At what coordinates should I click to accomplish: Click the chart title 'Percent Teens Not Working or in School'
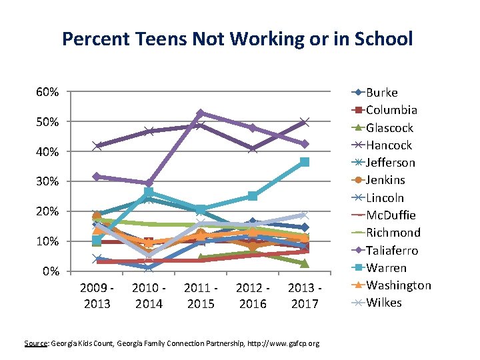tap(237, 39)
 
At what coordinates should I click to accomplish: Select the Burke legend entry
tap(382, 93)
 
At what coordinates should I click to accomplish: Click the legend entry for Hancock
tap(389, 145)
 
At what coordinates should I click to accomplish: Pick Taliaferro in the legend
tap(392, 250)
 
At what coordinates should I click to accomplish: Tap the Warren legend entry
tap(386, 268)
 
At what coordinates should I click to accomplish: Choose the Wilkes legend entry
tap(384, 303)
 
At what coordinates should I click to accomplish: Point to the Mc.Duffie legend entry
tap(391, 215)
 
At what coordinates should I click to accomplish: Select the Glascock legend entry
tap(389, 128)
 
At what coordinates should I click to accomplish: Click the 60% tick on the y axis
tap(47, 92)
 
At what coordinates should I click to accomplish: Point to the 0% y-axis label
tap(50, 271)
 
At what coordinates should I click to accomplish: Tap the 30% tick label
tap(47, 181)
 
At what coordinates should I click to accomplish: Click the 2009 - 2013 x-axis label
tap(97, 295)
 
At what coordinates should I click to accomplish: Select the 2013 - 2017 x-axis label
tap(305, 295)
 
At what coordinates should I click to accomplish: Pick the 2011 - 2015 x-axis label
tap(201, 295)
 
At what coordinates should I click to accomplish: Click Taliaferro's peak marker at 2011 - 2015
tap(201, 113)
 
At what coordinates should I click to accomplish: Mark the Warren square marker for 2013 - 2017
tap(305, 162)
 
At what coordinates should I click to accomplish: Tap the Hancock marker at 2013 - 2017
tap(305, 122)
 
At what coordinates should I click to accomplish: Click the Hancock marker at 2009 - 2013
tap(97, 146)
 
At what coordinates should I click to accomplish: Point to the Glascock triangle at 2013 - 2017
tap(305, 263)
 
